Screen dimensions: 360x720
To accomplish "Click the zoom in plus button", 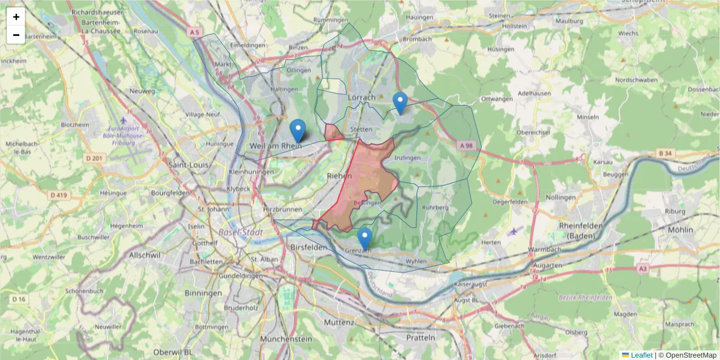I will click(x=16, y=17).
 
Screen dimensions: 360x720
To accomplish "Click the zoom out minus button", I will click(x=16, y=35).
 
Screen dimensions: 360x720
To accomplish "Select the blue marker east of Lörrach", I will click(x=400, y=103).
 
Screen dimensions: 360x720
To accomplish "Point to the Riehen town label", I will click(x=340, y=175).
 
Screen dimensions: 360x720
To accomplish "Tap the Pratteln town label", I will click(x=420, y=337).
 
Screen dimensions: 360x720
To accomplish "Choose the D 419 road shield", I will click(x=58, y=195).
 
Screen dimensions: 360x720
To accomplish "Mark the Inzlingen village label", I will click(x=409, y=158).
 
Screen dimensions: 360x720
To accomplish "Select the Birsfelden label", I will click(x=308, y=247).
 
